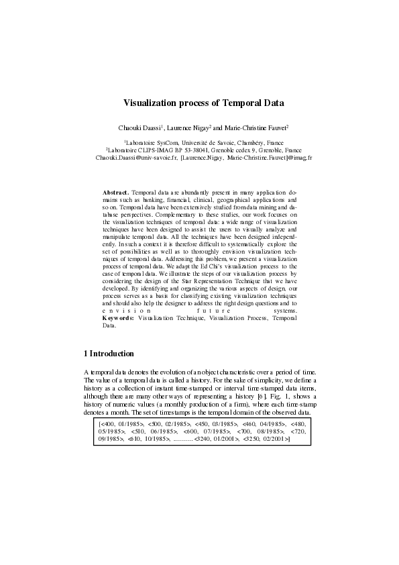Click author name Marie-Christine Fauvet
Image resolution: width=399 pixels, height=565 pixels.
[x=256, y=127]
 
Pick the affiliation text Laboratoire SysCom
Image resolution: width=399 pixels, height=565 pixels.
[x=152, y=143]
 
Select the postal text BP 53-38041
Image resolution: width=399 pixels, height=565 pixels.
[x=204, y=150]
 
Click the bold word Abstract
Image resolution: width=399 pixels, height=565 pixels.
[x=115, y=193]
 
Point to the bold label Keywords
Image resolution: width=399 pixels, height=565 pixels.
[x=118, y=318]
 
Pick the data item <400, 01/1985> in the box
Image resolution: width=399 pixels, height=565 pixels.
[x=121, y=424]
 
